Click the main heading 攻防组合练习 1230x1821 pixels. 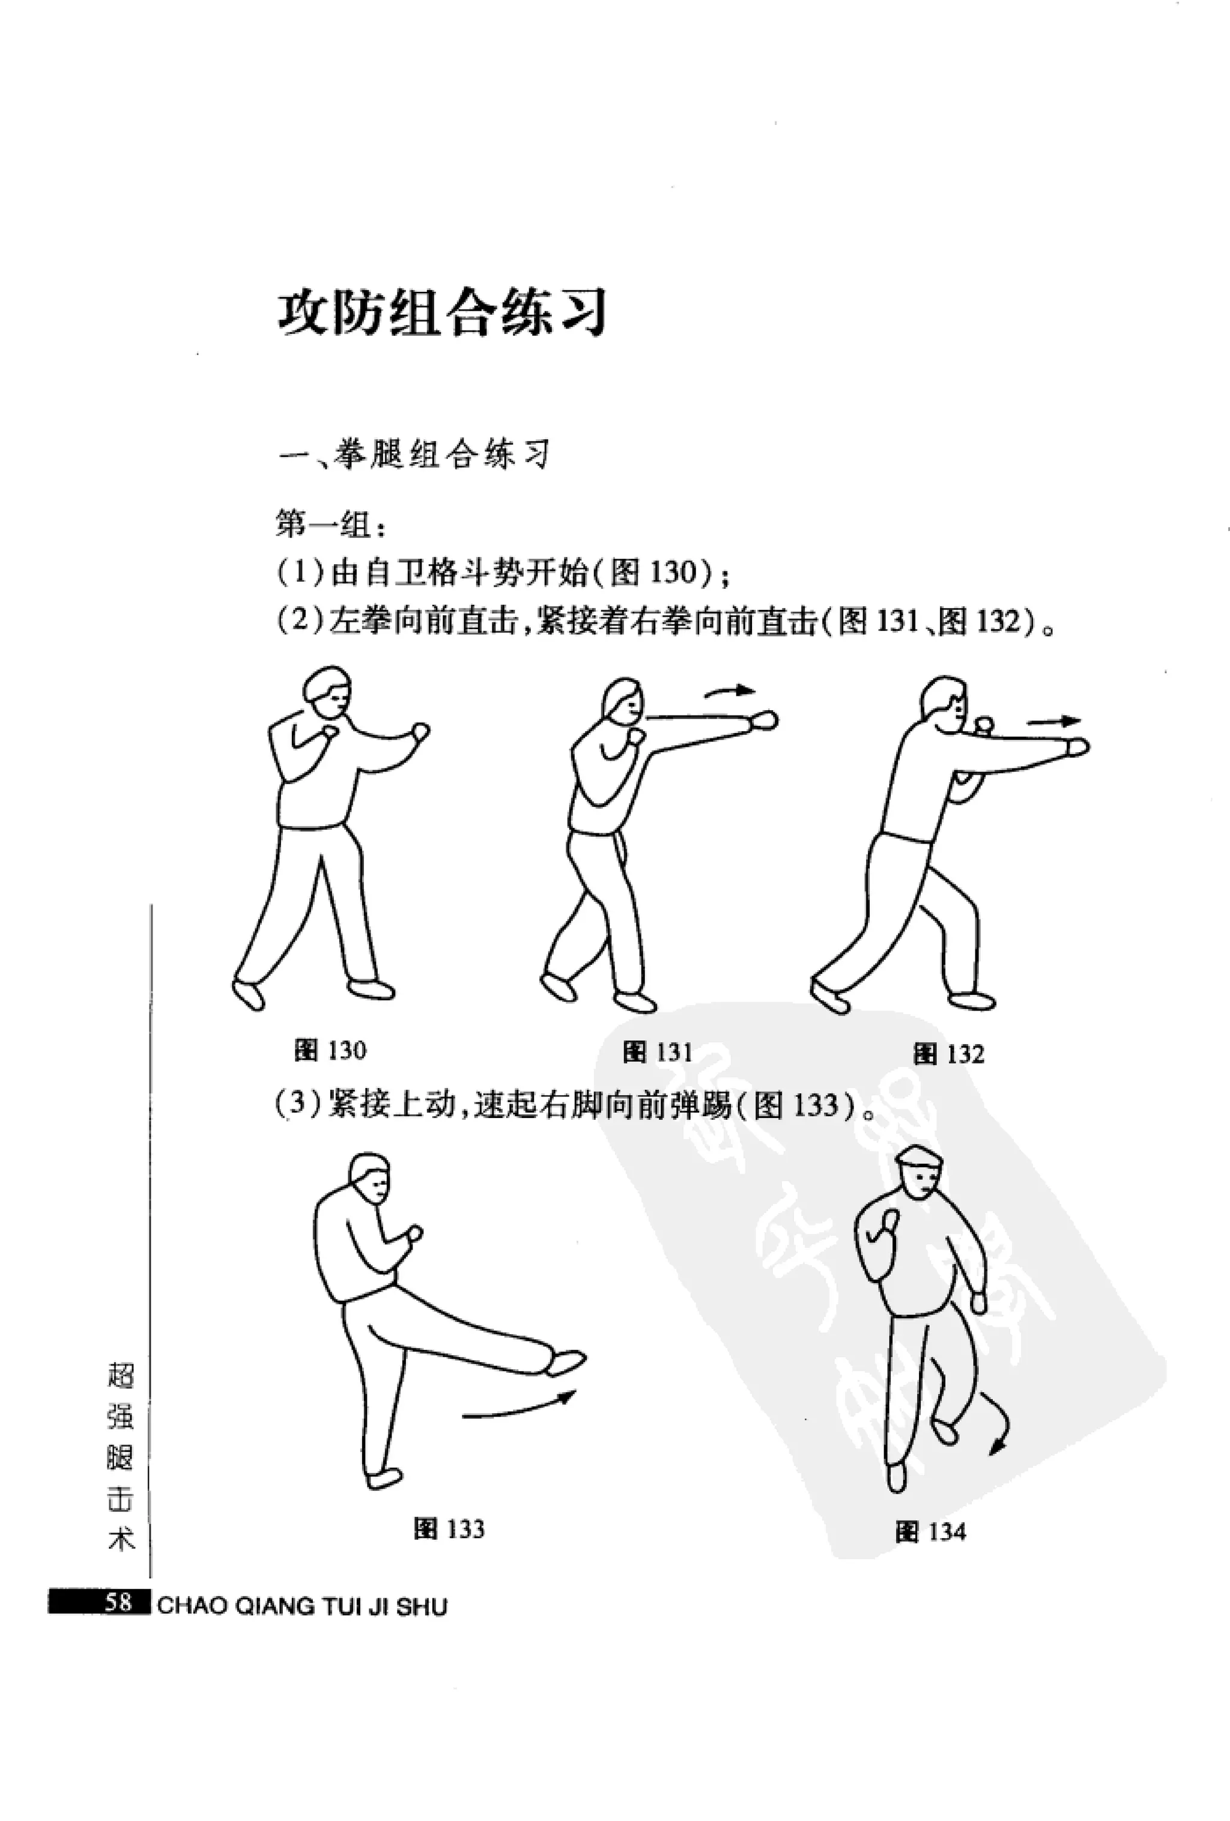tap(443, 314)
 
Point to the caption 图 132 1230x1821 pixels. tap(948, 1054)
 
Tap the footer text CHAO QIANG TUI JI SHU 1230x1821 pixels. tap(301, 1607)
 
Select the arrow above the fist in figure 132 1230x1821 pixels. tap(1053, 721)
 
